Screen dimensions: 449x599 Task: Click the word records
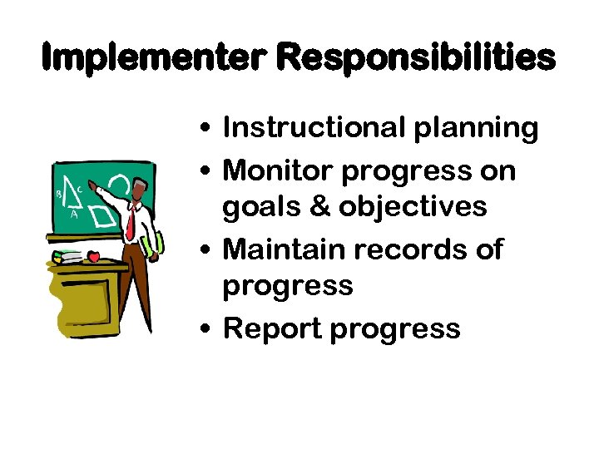click(x=409, y=249)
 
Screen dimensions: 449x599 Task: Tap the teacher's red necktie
click(x=131, y=220)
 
